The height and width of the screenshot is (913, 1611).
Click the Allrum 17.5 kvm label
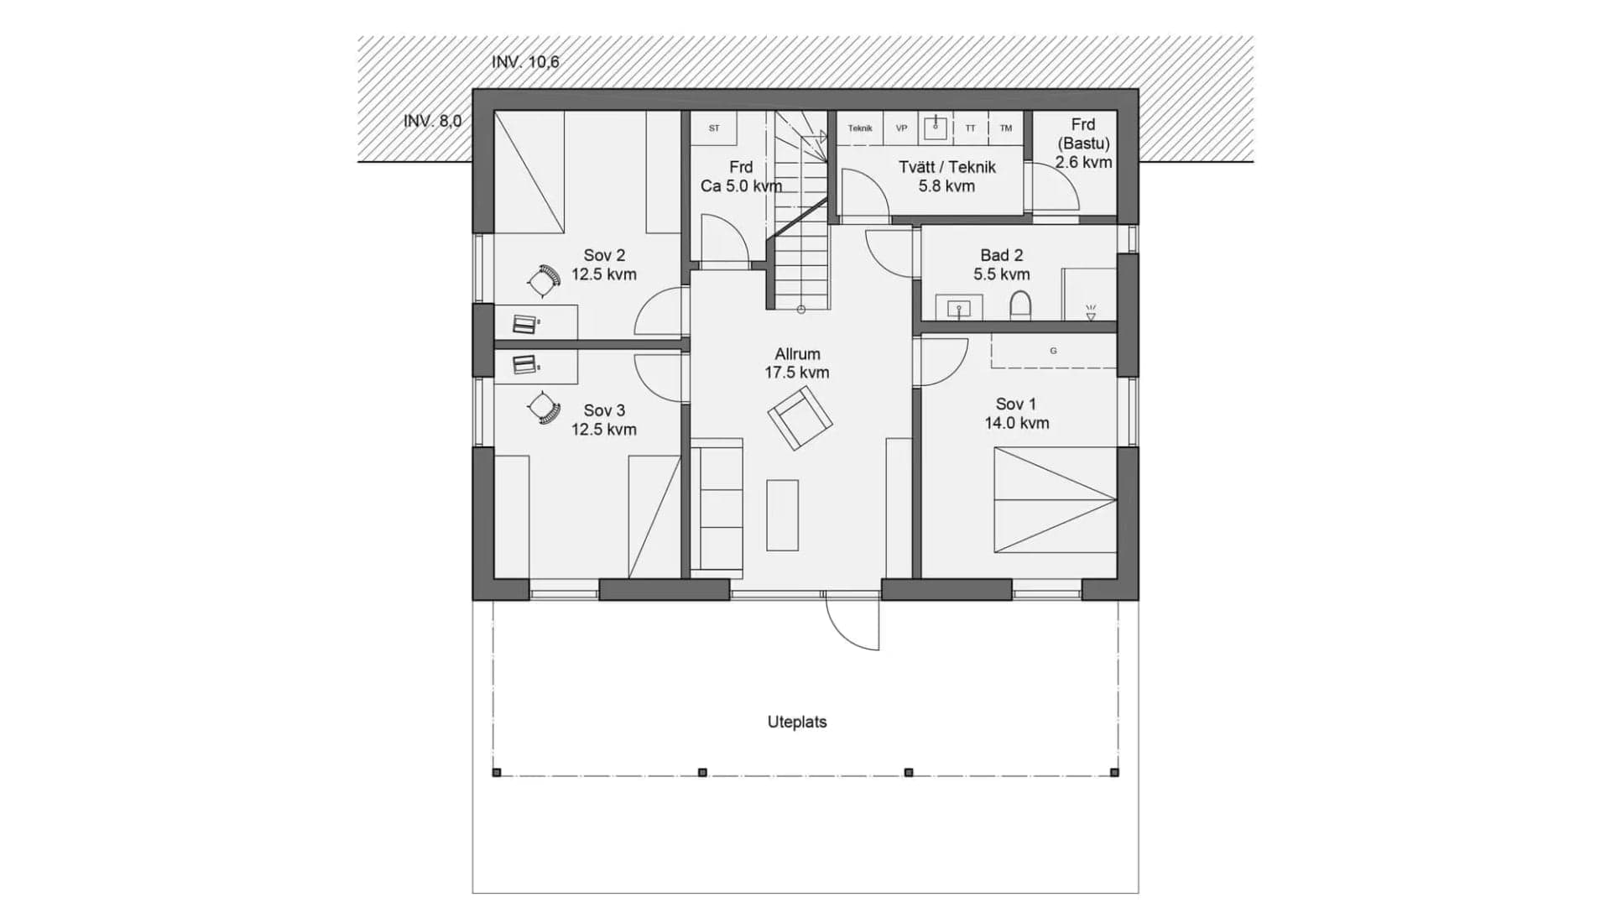(796, 363)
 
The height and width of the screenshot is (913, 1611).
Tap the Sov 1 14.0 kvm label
(1016, 414)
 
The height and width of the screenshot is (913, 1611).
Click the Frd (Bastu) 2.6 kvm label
(1083, 143)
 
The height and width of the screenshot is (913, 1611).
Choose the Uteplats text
(796, 722)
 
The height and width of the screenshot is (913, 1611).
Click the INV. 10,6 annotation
(525, 62)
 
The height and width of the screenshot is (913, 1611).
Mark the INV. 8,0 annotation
(432, 121)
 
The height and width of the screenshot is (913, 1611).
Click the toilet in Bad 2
(1020, 305)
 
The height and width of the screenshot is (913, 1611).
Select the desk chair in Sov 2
(544, 280)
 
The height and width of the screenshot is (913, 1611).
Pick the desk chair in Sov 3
(544, 409)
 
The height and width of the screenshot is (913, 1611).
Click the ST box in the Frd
(714, 128)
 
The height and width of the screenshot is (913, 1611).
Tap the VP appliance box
(901, 128)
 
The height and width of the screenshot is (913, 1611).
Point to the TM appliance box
(1005, 128)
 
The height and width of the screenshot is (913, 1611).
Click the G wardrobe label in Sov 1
(1053, 351)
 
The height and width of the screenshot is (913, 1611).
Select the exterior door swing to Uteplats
(853, 623)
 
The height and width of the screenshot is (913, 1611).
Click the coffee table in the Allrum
(782, 514)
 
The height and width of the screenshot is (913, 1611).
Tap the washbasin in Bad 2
(958, 309)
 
